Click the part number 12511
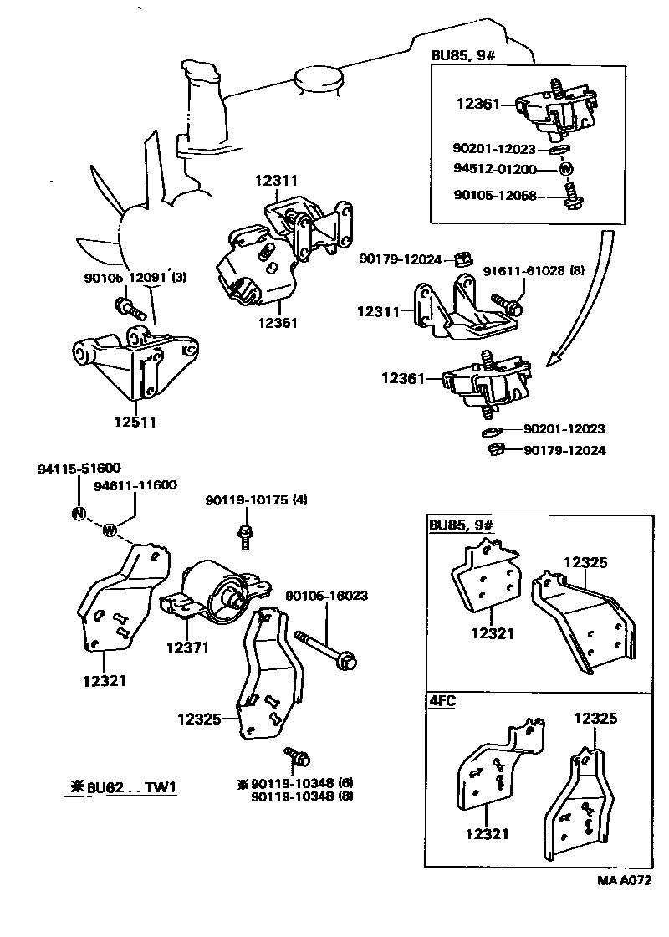click(135, 422)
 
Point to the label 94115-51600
click(79, 469)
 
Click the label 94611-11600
click(135, 485)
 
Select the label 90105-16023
click(326, 597)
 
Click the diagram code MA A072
click(624, 880)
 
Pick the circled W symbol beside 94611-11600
click(109, 529)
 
